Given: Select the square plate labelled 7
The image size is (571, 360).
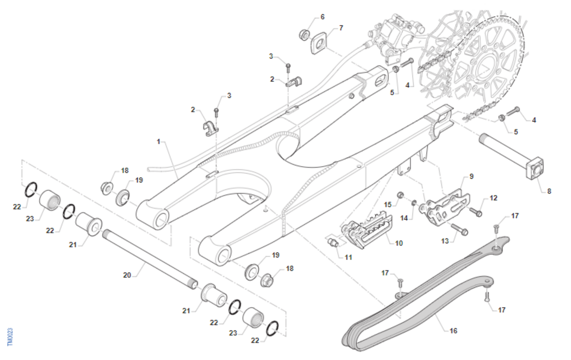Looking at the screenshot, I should click(320, 44).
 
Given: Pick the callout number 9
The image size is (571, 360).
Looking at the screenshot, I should click(471, 176).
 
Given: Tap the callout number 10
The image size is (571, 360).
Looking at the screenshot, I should click(399, 243).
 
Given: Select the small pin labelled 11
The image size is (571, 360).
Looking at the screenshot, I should click(334, 243).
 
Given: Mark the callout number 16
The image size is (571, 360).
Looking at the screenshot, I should click(453, 330).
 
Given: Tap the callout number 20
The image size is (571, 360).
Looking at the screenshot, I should click(127, 275).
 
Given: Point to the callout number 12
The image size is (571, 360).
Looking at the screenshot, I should click(493, 198).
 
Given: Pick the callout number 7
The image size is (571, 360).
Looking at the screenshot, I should click(341, 28).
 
